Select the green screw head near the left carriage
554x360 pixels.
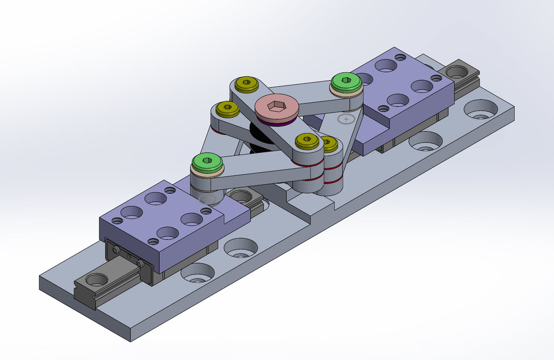pyautogui.click(x=207, y=160)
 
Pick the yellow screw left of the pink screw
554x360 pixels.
pyautogui.click(x=228, y=107)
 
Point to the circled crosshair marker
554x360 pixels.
pyautogui.click(x=346, y=119)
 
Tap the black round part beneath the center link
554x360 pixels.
pyautogui.click(x=257, y=137)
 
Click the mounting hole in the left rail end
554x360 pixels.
pyautogui.click(x=96, y=280)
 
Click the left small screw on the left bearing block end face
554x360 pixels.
pyautogui.click(x=117, y=250)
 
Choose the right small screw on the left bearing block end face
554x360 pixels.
pyautogui.click(x=141, y=263)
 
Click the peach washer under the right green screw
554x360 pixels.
pyautogui.click(x=346, y=91)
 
